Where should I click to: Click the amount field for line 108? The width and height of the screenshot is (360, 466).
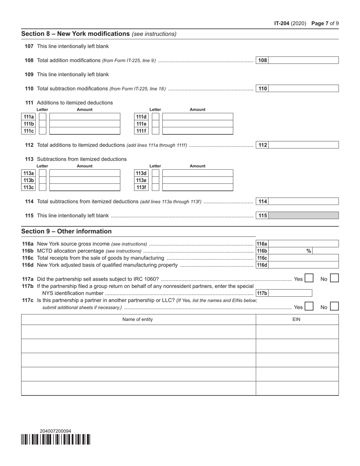point(303,60)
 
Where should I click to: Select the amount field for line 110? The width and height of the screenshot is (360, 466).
point(303,89)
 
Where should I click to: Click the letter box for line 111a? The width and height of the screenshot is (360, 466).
point(43,117)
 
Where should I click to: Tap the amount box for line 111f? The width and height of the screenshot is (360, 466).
point(197,131)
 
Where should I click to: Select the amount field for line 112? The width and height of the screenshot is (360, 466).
point(303,145)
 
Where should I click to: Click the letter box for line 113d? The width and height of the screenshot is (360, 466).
point(156,173)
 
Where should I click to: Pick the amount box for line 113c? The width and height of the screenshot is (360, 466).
point(85,188)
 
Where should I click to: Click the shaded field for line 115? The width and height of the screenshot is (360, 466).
point(303,216)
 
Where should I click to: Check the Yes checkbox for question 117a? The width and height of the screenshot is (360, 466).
point(309,278)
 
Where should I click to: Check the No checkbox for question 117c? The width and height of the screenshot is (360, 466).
point(334,306)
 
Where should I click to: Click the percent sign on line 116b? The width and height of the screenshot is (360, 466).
point(308,251)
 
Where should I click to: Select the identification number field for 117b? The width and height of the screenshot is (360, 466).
point(290,293)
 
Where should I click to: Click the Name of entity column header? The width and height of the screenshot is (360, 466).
point(138,319)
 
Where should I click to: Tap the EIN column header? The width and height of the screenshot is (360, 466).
point(297,319)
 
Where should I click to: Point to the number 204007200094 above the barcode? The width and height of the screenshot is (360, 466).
point(55,431)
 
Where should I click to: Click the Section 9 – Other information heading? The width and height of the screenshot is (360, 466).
point(66,231)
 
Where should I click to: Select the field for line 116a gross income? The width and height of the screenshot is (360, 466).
point(303,244)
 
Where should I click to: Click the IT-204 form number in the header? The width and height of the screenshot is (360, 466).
point(282,23)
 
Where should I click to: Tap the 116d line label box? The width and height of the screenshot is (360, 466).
point(262,265)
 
